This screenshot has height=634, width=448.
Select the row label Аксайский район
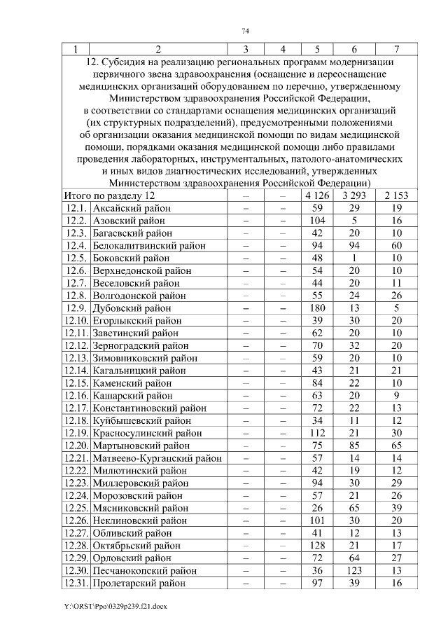click(x=132, y=208)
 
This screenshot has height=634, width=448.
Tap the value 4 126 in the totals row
click(x=317, y=195)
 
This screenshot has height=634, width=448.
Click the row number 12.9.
click(x=75, y=308)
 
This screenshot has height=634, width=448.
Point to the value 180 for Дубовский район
click(x=317, y=308)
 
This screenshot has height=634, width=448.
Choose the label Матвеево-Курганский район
click(x=157, y=457)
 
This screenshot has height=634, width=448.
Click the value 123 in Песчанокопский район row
click(x=355, y=570)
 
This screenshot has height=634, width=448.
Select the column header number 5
click(x=317, y=49)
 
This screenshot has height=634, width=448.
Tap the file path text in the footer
click(x=114, y=604)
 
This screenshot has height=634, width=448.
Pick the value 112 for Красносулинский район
click(x=317, y=432)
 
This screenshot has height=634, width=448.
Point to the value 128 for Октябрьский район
click(x=317, y=545)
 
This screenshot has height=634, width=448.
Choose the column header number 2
click(x=158, y=49)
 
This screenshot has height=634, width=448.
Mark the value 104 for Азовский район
click(x=317, y=220)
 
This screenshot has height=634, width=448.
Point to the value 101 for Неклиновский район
click(x=317, y=520)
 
